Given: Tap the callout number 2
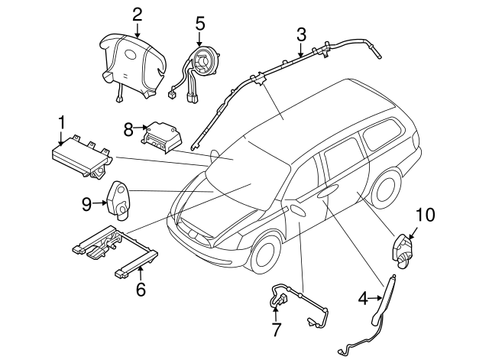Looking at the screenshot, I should [x=137, y=14].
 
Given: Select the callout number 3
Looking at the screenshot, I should [x=301, y=34].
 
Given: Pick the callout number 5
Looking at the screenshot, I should [x=200, y=23].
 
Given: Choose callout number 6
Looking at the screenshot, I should [x=140, y=289].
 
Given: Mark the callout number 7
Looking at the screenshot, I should [x=277, y=329].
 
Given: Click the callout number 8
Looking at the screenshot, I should [x=129, y=129].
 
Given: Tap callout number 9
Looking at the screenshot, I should [x=88, y=203].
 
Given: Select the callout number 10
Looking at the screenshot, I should [x=425, y=215].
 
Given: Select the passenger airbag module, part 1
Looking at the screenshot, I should [x=76, y=157].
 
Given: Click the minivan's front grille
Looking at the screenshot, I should [x=197, y=229].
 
